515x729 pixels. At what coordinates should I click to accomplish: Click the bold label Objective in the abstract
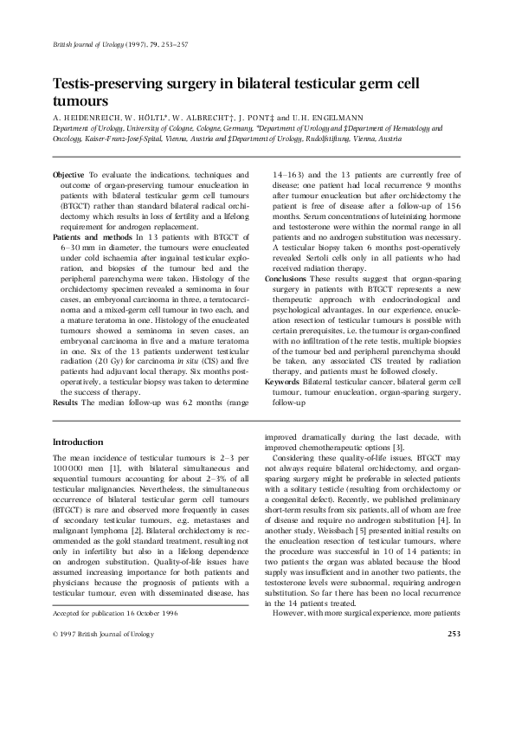[x=69, y=175]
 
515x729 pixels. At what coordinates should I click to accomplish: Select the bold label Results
[x=66, y=403]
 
